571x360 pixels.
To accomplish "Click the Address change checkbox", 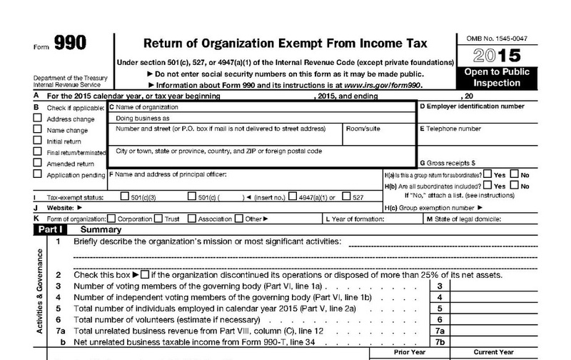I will coord(37,119).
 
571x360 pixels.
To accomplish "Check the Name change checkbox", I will coord(37,130).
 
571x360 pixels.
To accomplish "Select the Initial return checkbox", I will coord(37,141).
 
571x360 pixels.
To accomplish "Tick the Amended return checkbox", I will coord(37,163).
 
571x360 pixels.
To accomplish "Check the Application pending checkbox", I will coord(37,174).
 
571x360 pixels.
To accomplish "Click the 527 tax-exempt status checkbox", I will coord(346,196).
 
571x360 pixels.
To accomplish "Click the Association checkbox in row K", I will coord(191,219).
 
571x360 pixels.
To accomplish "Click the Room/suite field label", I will coord(363,129).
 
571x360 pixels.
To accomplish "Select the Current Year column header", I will coord(493,352).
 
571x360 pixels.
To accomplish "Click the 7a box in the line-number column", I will coord(440,331).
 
